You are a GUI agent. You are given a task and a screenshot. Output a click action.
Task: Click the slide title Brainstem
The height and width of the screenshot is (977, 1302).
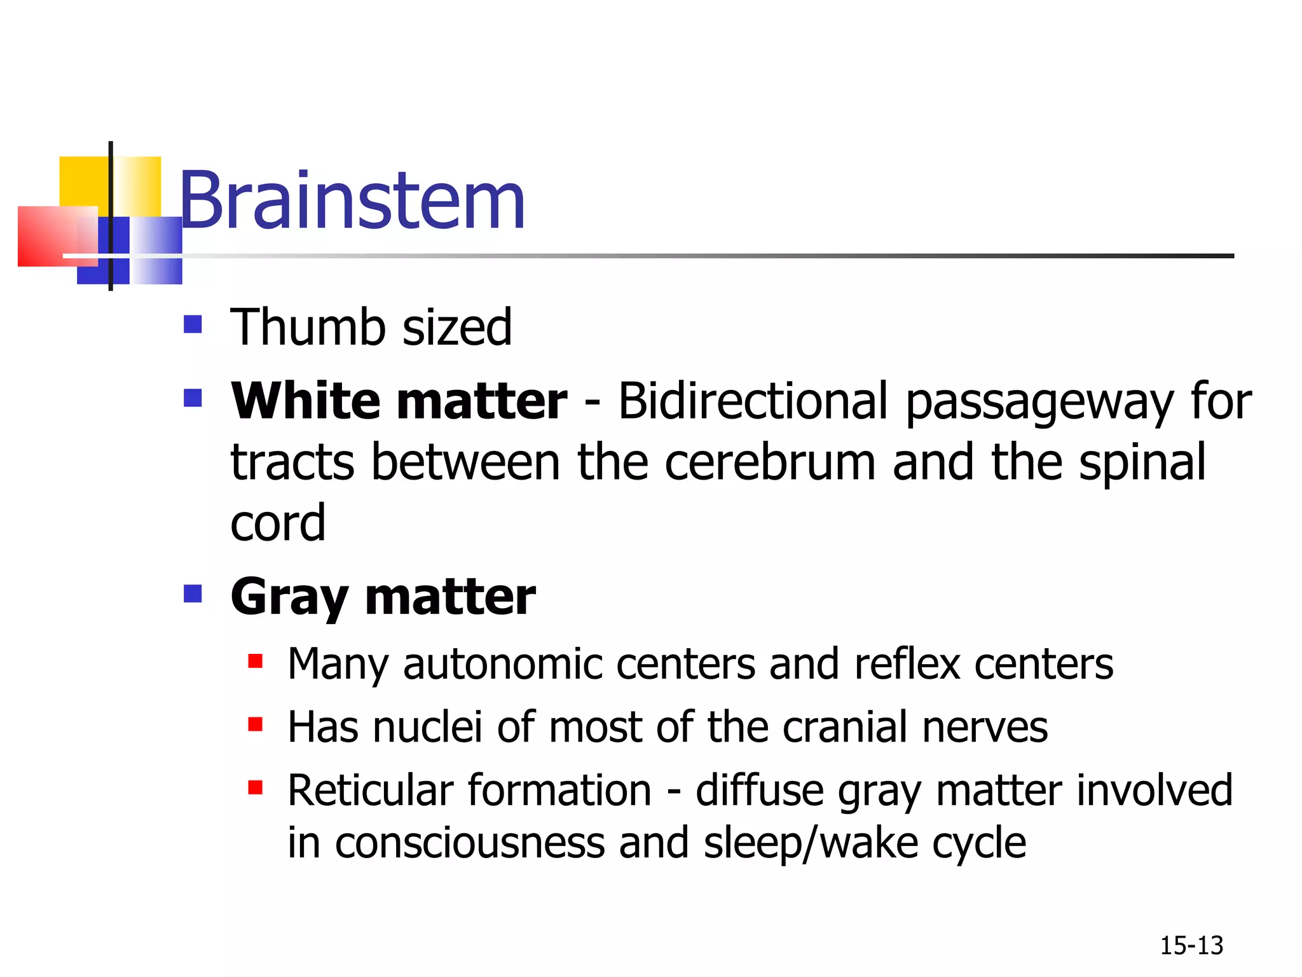pyautogui.click(x=352, y=201)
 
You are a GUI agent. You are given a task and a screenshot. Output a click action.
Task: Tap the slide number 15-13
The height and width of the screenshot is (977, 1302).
pyautogui.click(x=1191, y=946)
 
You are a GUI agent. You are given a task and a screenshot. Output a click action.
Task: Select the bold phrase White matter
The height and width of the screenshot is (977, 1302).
pyautogui.click(x=399, y=401)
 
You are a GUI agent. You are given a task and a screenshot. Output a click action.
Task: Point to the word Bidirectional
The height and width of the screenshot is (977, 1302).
pyautogui.click(x=753, y=401)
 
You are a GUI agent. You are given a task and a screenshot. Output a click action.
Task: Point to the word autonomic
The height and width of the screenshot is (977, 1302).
pyautogui.click(x=502, y=664)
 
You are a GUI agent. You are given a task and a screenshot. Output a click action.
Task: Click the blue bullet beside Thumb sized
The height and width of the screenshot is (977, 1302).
pyautogui.click(x=192, y=324)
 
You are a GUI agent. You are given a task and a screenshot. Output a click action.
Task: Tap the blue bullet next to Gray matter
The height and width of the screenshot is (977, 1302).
pyautogui.click(x=192, y=594)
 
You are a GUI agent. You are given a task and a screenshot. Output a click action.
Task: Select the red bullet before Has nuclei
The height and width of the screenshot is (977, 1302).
pyautogui.click(x=255, y=724)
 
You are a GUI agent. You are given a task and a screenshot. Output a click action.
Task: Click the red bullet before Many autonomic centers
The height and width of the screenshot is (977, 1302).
pyautogui.click(x=255, y=662)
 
